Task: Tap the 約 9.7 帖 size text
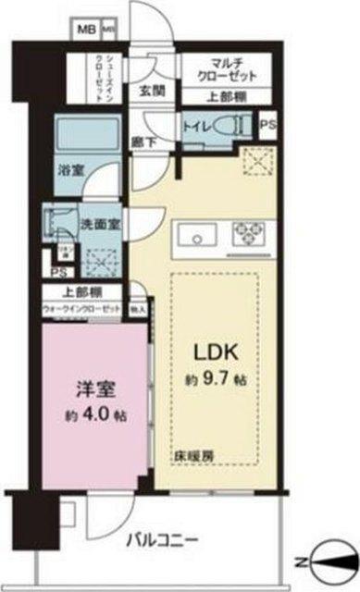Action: click(216, 379)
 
